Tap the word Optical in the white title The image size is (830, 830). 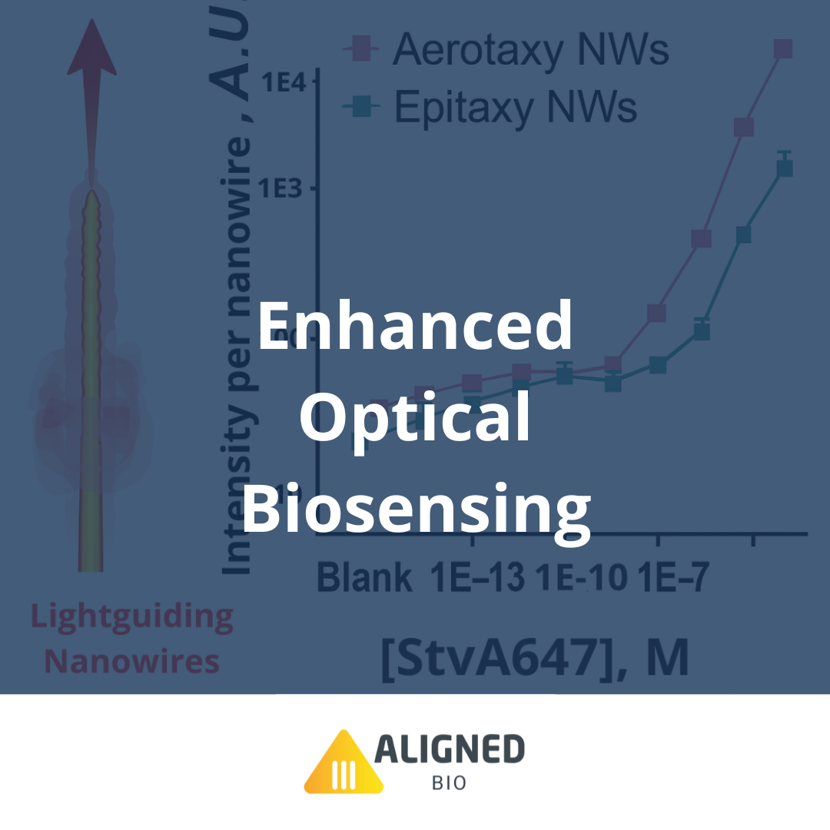(x=415, y=419)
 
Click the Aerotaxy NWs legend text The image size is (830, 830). (x=530, y=49)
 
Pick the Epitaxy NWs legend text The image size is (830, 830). (x=515, y=107)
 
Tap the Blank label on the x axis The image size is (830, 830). (x=364, y=576)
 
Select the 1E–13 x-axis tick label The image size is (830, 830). (x=477, y=576)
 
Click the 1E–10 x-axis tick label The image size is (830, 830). (x=581, y=576)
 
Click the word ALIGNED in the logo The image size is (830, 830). (x=449, y=750)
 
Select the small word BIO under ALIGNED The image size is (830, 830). (x=449, y=785)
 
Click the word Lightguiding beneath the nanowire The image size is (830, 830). (x=131, y=617)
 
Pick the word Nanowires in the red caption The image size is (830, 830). (x=131, y=662)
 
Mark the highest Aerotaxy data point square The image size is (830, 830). (x=782, y=48)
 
